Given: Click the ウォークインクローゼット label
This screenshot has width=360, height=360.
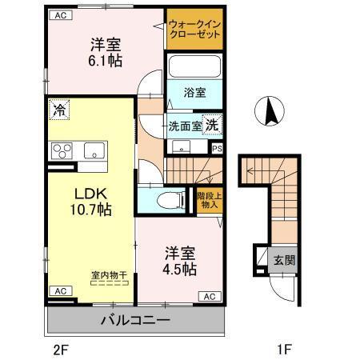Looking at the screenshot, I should click(x=194, y=30).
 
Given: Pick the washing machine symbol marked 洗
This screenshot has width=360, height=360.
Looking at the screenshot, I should click(x=211, y=125).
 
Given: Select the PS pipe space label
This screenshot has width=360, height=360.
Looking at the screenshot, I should click(x=217, y=148).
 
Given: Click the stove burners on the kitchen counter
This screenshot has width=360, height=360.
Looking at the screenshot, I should click(x=62, y=150).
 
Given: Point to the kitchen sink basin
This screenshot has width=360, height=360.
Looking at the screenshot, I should click(x=94, y=150).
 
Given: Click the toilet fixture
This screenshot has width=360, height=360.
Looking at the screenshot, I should click(x=166, y=202).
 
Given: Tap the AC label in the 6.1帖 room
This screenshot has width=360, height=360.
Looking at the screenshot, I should click(x=62, y=15).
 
